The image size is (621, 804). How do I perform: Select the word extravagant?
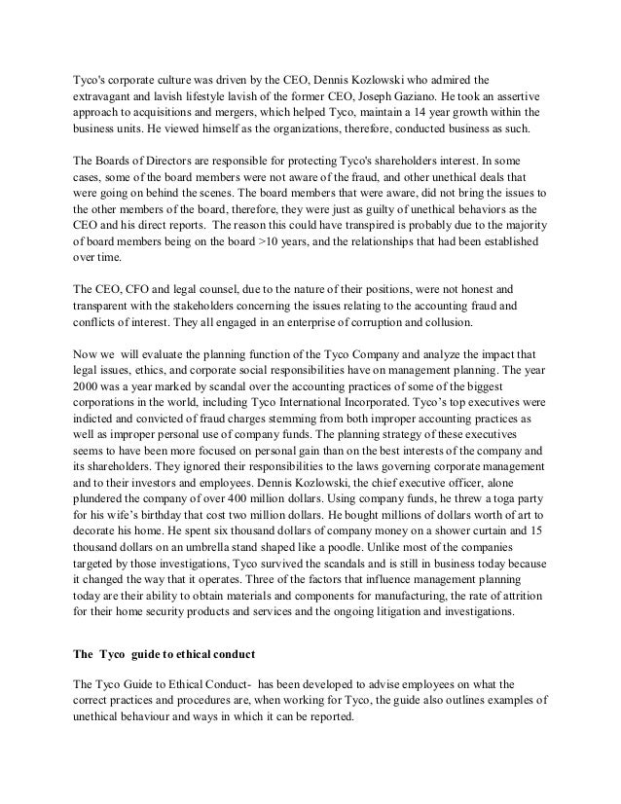point(107,98)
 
